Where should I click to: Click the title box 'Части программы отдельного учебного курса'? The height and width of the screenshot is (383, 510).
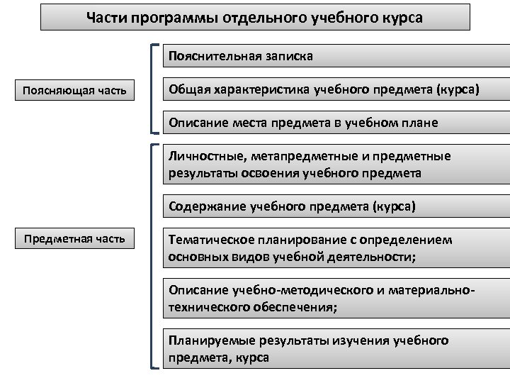click(x=255, y=17)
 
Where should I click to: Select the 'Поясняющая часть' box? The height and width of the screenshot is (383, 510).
click(x=74, y=90)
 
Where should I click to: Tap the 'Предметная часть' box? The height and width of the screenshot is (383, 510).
click(x=74, y=238)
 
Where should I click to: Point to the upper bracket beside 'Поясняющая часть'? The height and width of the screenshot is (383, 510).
click(x=154, y=89)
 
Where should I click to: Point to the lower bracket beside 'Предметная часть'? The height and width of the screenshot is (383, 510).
click(x=154, y=255)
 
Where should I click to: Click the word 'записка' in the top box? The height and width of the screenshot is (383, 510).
click(x=290, y=56)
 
